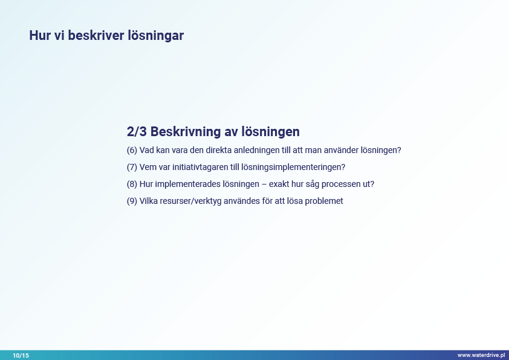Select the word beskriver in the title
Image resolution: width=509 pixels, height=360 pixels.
tap(96, 36)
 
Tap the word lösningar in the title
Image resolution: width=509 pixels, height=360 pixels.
tap(155, 36)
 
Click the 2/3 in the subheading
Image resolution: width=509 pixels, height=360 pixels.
tap(137, 131)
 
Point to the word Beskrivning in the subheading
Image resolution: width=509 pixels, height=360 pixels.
tap(186, 132)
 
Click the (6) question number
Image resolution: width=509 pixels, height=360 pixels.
tap(132, 151)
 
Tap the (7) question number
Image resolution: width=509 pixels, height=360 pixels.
tap(132, 168)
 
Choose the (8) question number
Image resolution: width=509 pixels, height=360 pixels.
tap(132, 184)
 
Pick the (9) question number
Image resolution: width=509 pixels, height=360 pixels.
tap(132, 201)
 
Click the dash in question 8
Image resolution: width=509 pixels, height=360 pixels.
tap(264, 184)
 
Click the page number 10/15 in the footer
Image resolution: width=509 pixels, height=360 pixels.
tap(21, 355)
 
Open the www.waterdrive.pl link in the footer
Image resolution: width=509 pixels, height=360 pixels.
tap(481, 355)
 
